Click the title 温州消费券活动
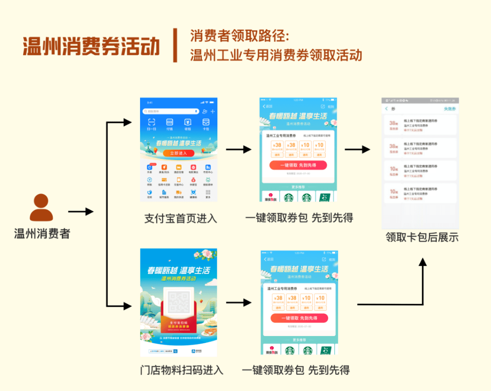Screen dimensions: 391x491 91,46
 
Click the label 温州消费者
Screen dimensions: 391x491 42,234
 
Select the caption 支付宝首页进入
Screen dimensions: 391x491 180,218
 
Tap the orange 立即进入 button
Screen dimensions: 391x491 178,153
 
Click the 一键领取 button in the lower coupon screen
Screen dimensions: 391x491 299,318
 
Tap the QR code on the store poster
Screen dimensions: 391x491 178,302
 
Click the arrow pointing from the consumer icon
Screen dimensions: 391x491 80,212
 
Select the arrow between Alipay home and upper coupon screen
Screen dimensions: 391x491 239,149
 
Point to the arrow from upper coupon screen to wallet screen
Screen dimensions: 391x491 357,149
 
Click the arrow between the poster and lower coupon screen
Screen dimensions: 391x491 239,303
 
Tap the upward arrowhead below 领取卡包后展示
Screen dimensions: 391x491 423,262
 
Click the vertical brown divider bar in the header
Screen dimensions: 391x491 175,45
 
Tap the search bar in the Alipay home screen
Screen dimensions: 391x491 171,111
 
